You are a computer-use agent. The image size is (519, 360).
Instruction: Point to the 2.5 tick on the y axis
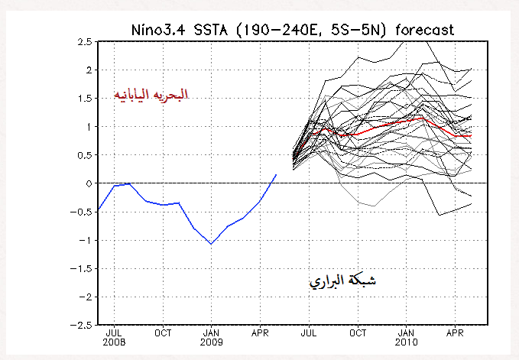84,41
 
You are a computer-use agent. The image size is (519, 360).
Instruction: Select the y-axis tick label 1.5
84,99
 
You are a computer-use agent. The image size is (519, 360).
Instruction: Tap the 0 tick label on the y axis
88,183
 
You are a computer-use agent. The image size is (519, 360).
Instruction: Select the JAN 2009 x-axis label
211,338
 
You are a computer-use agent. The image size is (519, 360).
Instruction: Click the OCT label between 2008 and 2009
163,333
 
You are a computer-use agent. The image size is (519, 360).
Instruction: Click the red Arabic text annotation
151,95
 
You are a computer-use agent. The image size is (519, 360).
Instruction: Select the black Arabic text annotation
342,281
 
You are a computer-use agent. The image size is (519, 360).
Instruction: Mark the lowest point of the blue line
211,244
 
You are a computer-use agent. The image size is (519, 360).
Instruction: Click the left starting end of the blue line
99,210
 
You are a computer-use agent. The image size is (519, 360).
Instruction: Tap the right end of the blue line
277,174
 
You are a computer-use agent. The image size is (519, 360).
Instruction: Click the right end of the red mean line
471,135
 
